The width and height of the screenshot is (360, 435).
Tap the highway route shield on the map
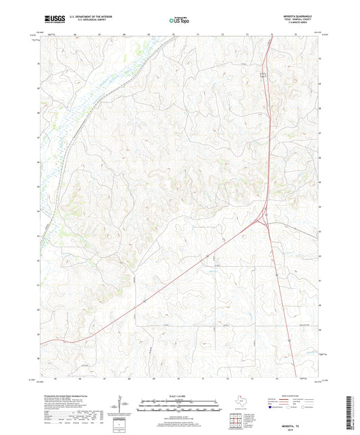tap(264, 74)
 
